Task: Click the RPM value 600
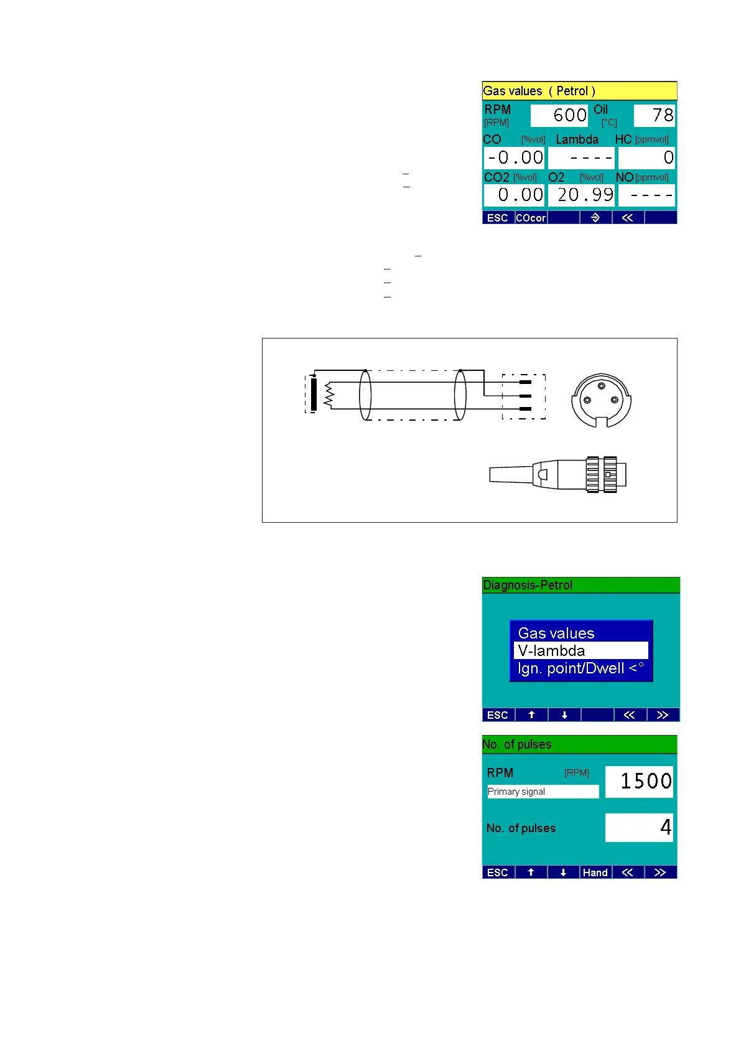(x=559, y=115)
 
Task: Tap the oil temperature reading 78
(x=654, y=115)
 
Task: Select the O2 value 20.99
(x=581, y=195)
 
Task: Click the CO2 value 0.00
(x=514, y=195)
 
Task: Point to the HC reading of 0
(x=646, y=157)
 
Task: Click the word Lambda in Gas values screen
(x=577, y=139)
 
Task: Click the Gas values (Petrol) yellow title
(x=539, y=91)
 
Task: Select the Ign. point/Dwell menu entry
(x=580, y=668)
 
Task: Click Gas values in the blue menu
(x=556, y=633)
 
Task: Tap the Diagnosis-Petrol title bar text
(x=528, y=585)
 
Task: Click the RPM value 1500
(x=639, y=782)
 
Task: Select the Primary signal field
(x=543, y=792)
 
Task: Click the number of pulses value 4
(x=639, y=828)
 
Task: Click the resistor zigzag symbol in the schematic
(x=329, y=395)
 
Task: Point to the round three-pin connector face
(x=601, y=400)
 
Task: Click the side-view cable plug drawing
(x=558, y=475)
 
